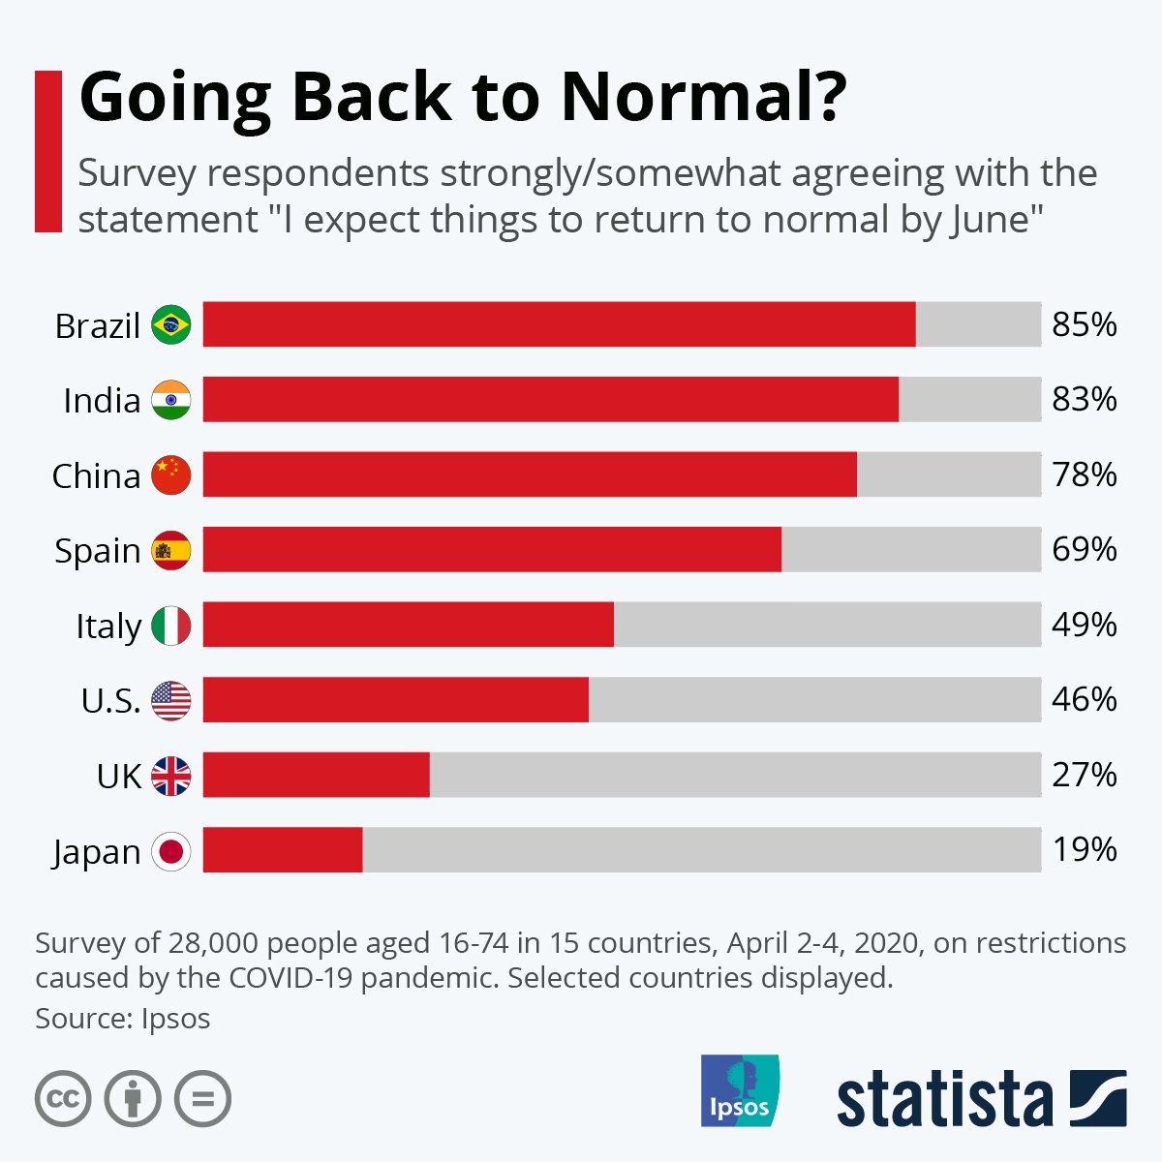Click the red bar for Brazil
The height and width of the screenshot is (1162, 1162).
coord(559,324)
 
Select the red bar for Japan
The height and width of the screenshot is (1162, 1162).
coord(283,850)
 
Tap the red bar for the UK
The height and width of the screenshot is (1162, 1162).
coord(316,775)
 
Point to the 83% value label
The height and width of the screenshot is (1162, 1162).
coord(1085,399)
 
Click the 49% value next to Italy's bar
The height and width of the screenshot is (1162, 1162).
coord(1085,625)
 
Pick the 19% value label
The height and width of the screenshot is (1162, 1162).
coord(1085,850)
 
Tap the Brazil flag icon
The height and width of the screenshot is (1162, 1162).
coord(171,324)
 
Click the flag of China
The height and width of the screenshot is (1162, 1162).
coord(171,474)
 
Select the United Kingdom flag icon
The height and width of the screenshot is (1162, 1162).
coord(171,776)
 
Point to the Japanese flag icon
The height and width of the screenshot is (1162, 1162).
coord(171,851)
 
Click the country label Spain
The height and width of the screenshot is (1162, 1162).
coord(98,551)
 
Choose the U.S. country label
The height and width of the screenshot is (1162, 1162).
coord(110,700)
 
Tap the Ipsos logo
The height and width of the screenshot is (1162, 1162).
coord(740,1090)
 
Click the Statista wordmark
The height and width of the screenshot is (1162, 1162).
coord(944,1099)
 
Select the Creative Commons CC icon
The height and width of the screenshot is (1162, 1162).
coord(63,1099)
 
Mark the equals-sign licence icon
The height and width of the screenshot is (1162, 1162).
coord(202,1099)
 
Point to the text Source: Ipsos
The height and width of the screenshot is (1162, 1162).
coord(122,1019)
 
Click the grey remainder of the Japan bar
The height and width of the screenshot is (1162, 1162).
coord(702,850)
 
